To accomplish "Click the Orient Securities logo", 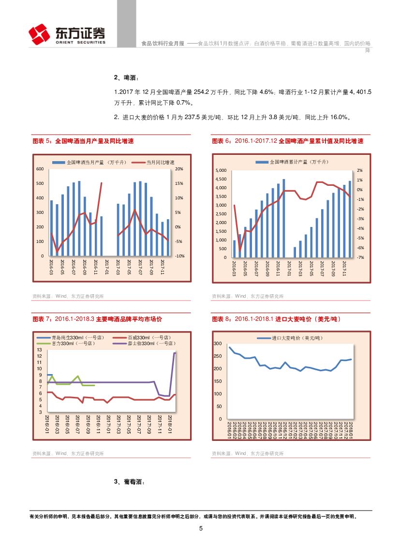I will click(x=67, y=34).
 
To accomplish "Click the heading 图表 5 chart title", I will click(x=83, y=141).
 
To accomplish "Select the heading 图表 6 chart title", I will click(x=287, y=141).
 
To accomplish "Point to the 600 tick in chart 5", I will click(x=40, y=169).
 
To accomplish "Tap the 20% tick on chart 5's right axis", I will click(x=178, y=169).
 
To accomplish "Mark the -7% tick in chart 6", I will click(x=360, y=257).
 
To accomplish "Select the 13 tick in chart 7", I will click(x=39, y=350).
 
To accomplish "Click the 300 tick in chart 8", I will click(x=218, y=344).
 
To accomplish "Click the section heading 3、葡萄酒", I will click(x=129, y=482).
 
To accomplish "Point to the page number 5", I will click(x=201, y=528).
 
